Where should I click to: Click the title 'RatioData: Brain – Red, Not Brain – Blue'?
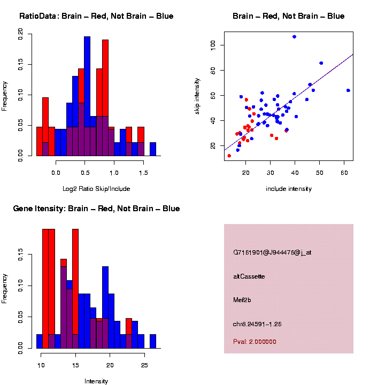click(96, 16)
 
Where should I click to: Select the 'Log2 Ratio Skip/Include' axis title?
click(96, 188)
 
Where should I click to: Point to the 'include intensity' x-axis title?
click(289, 188)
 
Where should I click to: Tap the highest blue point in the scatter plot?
click(294, 36)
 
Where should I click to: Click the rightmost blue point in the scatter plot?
click(348, 90)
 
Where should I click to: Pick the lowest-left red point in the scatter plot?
click(229, 156)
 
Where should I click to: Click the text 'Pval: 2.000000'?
click(255, 341)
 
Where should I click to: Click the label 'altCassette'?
click(249, 276)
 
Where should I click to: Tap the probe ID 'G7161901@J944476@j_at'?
click(272, 252)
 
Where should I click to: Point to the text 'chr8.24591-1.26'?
click(257, 324)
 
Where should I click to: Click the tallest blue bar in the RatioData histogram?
click(87, 96)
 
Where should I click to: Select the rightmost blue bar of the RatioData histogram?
click(153, 149)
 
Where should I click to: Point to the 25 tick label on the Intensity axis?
click(144, 366)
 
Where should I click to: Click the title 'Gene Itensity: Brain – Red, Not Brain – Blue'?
click(96, 209)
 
